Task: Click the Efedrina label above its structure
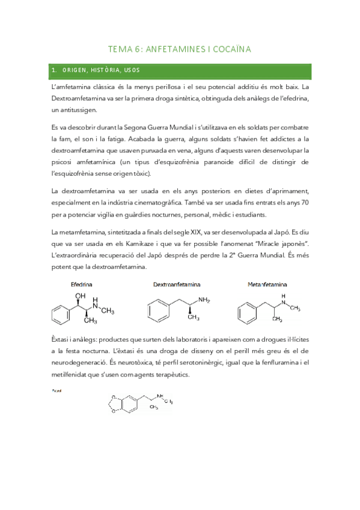pyautogui.click(x=81, y=284)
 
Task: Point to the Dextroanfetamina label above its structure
pyautogui.click(x=177, y=284)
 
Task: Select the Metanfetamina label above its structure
pyautogui.click(x=267, y=284)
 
